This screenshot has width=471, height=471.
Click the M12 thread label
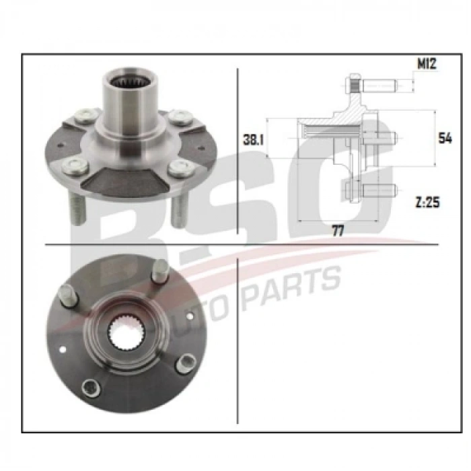(x=427, y=64)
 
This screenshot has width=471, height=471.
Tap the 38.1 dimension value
(x=253, y=140)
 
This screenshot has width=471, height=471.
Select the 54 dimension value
(x=445, y=138)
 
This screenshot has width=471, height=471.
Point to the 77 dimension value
(x=338, y=231)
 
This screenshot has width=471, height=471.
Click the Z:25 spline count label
(x=427, y=203)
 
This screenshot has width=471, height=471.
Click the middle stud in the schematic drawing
(x=380, y=138)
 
